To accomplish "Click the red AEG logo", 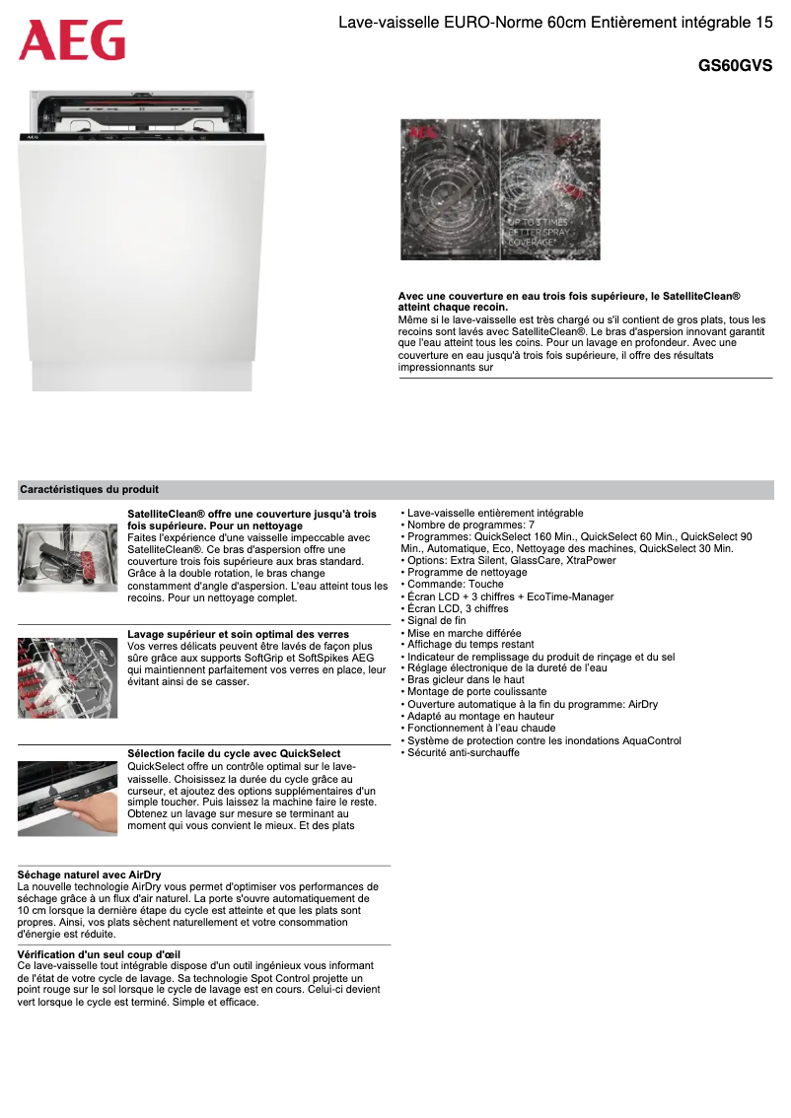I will [72, 40].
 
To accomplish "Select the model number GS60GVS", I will [735, 66].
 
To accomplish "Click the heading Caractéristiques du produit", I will [90, 489].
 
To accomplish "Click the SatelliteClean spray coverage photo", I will [500, 189].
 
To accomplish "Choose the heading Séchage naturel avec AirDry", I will [90, 874].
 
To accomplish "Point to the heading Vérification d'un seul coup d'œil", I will [99, 954].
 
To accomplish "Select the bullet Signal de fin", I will [436, 621].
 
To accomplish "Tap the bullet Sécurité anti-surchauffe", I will [464, 753].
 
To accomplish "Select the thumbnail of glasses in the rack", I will [67, 677].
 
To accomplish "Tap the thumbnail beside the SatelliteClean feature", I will [67, 557].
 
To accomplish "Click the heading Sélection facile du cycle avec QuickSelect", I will [235, 754].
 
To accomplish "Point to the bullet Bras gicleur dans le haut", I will [466, 680].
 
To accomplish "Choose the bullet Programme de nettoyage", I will [467, 573].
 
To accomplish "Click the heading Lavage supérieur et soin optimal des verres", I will [239, 634].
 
